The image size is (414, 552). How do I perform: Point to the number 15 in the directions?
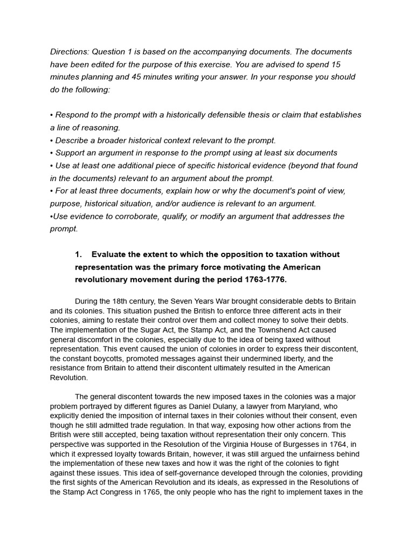pos(335,64)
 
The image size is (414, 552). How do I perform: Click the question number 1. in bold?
pos(78,254)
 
